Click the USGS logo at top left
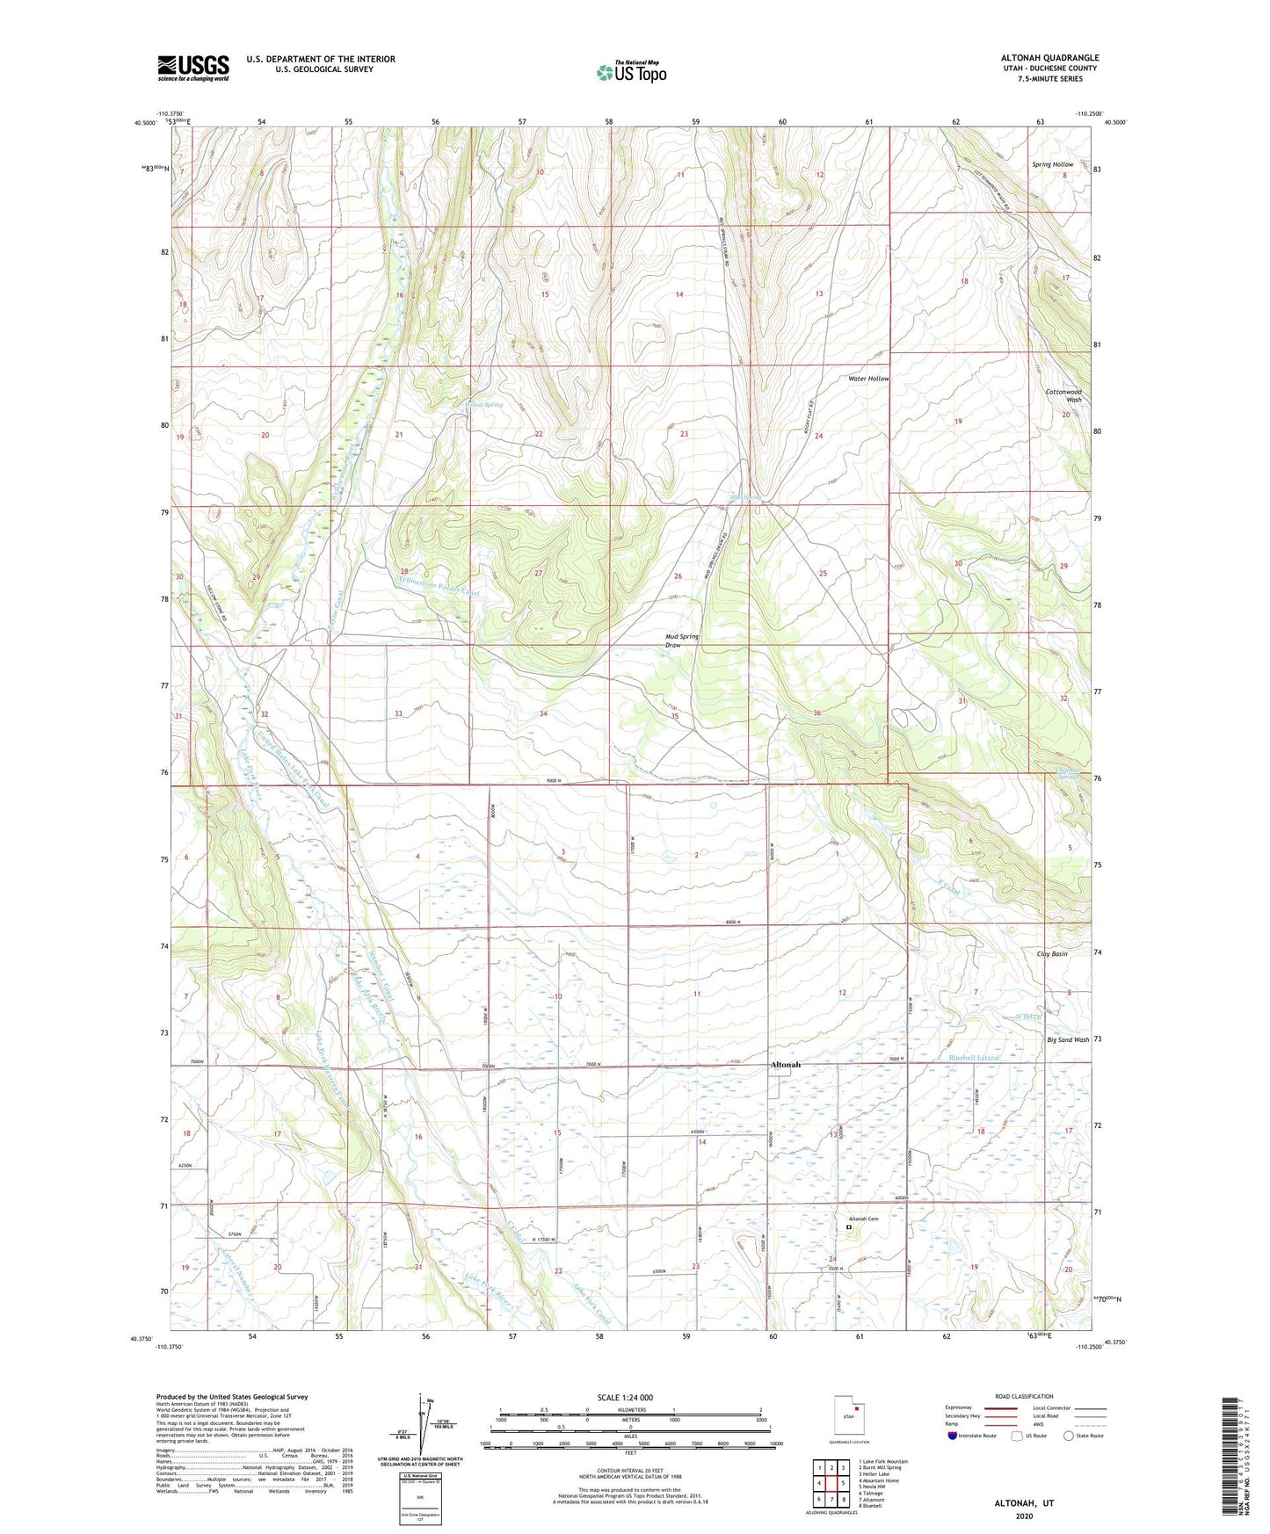coord(192,68)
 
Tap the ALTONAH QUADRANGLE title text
coord(1049,58)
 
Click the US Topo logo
coord(631,72)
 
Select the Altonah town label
coord(785,1065)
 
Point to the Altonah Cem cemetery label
coord(863,1219)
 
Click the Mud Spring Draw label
coord(682,640)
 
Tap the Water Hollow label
coord(867,379)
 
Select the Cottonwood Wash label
coord(1063,395)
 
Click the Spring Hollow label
coord(1052,164)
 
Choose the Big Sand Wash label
coord(1067,1039)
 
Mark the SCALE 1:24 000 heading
coord(625,1397)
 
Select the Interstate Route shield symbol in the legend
coord(954,1436)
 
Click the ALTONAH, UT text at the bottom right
coord(1024,1503)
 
